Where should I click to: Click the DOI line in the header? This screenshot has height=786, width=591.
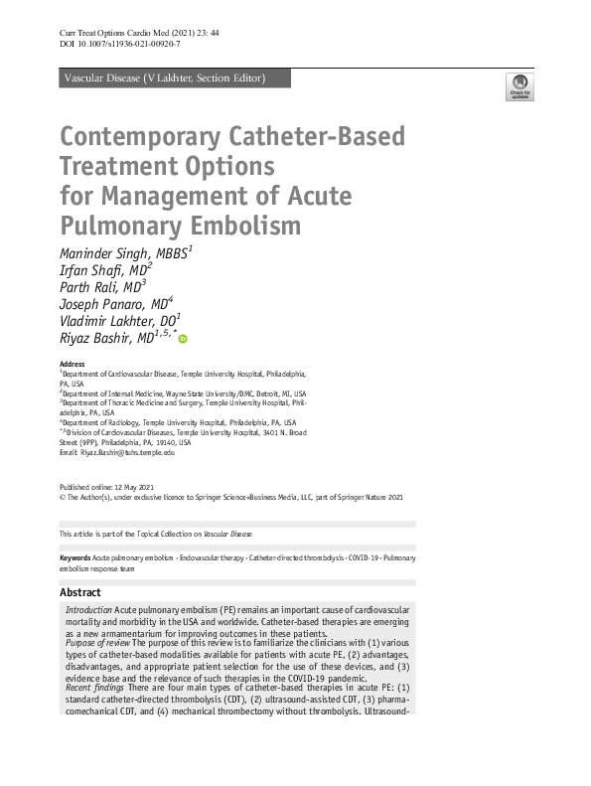(x=120, y=45)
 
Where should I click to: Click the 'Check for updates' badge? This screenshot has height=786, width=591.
(x=519, y=86)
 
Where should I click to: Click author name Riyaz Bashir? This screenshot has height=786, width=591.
(x=103, y=339)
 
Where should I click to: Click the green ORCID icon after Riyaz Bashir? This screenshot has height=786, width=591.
(x=183, y=340)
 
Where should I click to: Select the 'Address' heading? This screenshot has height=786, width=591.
(x=73, y=365)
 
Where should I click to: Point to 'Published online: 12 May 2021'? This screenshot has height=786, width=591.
(x=107, y=486)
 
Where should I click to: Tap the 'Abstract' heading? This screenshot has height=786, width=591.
(x=80, y=592)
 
